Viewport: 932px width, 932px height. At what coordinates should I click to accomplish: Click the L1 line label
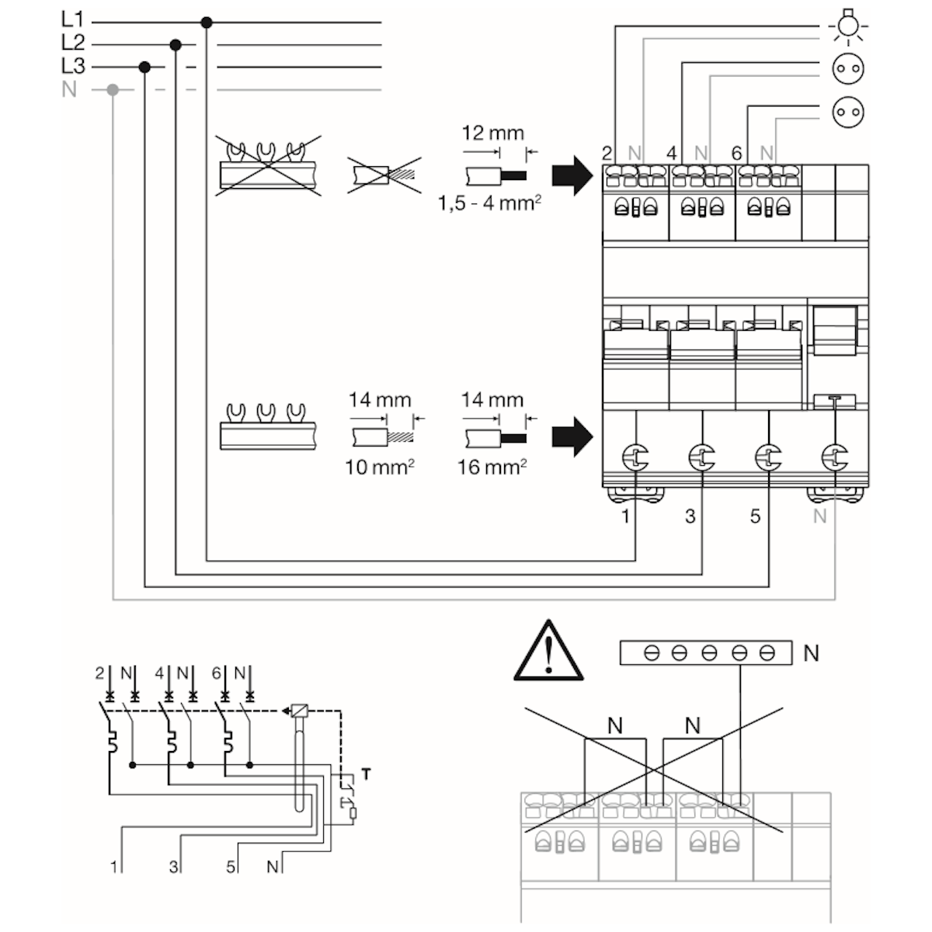coord(72,21)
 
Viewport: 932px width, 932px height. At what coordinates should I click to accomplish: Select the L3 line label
coord(72,66)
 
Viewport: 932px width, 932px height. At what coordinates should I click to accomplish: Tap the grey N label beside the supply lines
coord(70,89)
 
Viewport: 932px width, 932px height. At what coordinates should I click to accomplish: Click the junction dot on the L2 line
coord(176,45)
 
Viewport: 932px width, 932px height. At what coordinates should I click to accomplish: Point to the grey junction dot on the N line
coord(113,89)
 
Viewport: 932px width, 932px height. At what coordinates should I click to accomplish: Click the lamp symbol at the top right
coord(847,25)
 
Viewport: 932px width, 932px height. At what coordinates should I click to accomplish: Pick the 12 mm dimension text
coord(492,133)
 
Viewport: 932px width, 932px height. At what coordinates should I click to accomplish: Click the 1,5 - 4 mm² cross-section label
coord(489,204)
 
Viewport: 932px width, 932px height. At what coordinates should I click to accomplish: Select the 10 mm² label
coord(378,467)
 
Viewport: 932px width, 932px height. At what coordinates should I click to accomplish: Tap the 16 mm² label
coord(492,467)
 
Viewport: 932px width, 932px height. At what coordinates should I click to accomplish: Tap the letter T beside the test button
coord(366,774)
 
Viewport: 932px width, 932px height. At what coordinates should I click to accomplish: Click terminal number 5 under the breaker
coord(755,516)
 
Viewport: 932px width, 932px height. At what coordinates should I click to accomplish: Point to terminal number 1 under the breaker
coord(626,516)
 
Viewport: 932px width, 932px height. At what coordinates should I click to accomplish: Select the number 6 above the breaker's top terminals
coord(736,154)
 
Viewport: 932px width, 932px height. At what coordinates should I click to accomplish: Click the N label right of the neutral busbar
coord(811,653)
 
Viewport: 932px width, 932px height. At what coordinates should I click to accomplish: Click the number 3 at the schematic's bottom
coord(173,866)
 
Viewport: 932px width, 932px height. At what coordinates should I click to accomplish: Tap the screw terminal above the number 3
coord(701,457)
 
